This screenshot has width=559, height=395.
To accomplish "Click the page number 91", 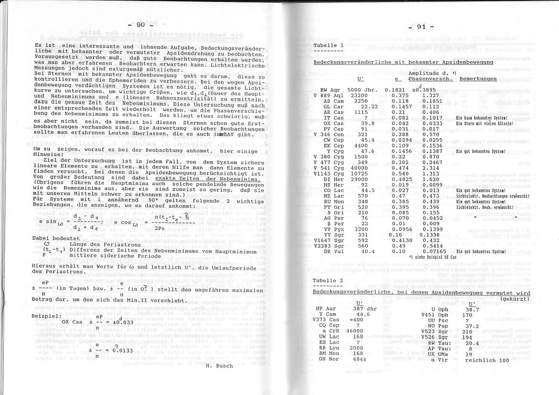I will tap(421, 27).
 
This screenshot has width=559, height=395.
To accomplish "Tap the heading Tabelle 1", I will tap(328, 45).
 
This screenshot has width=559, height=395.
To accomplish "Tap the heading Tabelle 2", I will tap(328, 280).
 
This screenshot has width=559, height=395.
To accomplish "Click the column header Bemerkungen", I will tap(478, 78).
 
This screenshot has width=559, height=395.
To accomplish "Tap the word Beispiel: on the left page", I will tap(46, 316).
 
